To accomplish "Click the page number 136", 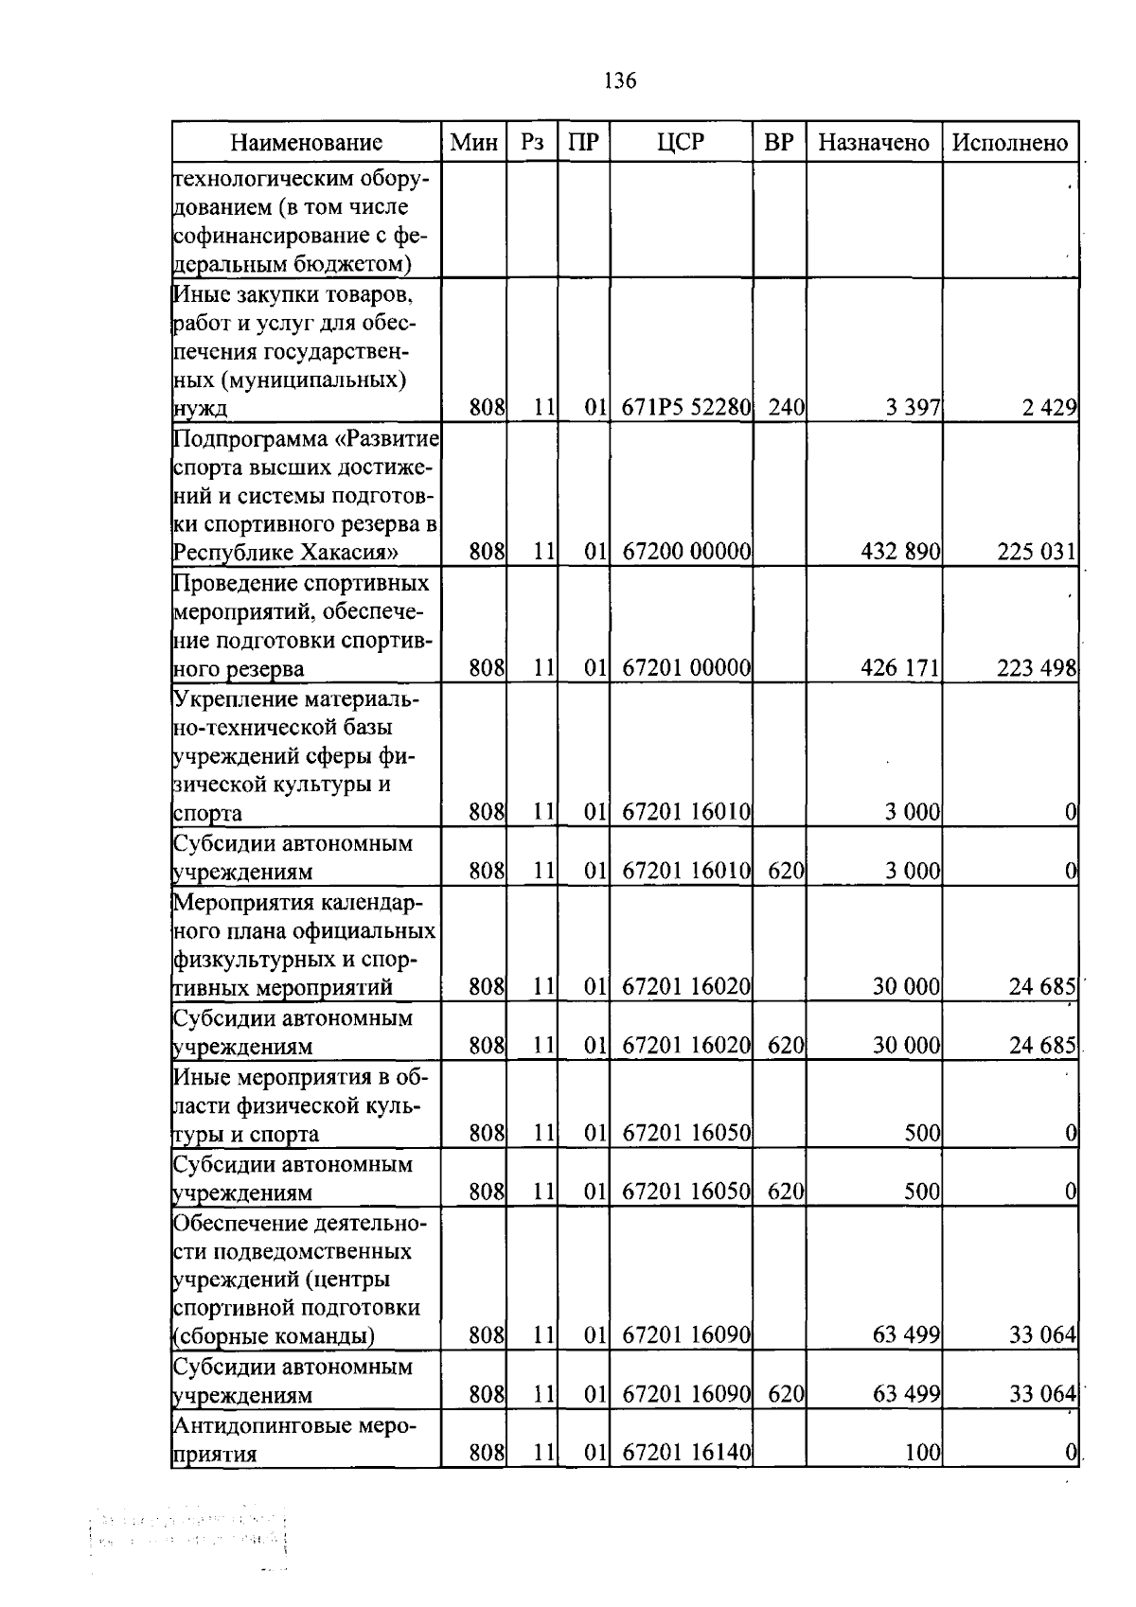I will click(x=620, y=80).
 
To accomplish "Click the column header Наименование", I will click(x=306, y=143).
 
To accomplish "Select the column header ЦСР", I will click(x=681, y=142).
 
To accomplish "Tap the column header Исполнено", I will click(x=1010, y=143).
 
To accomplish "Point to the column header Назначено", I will click(x=873, y=143).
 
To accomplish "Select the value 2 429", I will click(x=1048, y=408).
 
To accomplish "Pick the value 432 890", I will click(x=900, y=552).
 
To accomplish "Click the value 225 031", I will click(x=1037, y=552).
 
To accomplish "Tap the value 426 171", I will click(x=900, y=669).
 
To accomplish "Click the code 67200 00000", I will click(x=686, y=552).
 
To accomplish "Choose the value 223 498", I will click(x=1037, y=669).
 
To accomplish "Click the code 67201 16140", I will click(x=686, y=1453).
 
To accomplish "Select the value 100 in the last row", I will click(x=922, y=1453).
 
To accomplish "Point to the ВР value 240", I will click(x=786, y=408).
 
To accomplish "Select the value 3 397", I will click(x=913, y=408).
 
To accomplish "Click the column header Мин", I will click(x=473, y=143).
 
